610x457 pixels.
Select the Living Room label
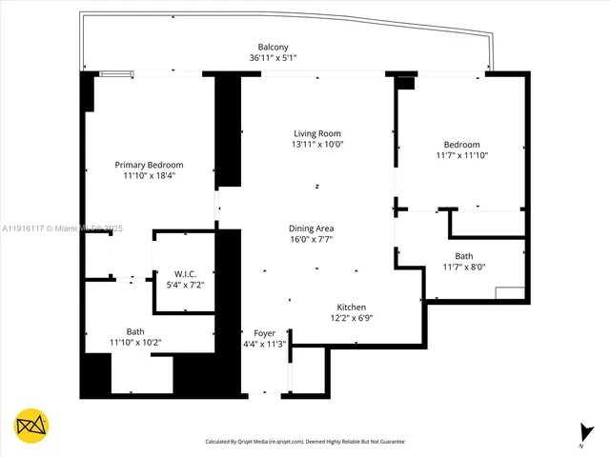[x=316, y=133]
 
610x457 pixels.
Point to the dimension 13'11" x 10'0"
[x=316, y=145]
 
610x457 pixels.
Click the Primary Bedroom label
[x=150, y=165]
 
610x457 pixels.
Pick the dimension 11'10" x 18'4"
[x=150, y=176]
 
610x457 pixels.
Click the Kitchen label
[x=352, y=308]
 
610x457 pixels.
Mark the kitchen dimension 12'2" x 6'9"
[x=352, y=319]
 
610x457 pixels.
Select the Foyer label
[x=263, y=332]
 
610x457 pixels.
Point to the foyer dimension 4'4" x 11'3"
[x=263, y=344]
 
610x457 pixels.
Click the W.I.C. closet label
[x=186, y=273]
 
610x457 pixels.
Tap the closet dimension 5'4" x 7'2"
[x=186, y=285]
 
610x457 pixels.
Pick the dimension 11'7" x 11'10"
[x=462, y=155]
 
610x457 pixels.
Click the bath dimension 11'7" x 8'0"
[x=463, y=268]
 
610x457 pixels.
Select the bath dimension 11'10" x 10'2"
[x=135, y=343]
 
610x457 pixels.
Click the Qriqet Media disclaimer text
[x=305, y=442]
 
